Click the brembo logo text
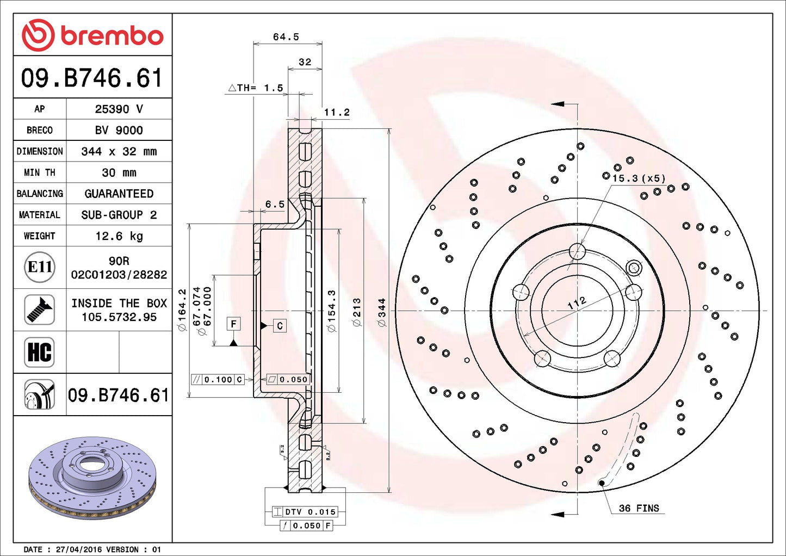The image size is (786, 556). pos(111,36)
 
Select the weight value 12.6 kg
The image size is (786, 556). pos(119,236)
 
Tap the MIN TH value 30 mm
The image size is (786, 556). pos(119,172)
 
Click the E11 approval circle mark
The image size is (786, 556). pos(40,267)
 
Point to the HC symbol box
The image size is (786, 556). pos(40,352)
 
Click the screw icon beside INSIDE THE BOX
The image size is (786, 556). pos(40,310)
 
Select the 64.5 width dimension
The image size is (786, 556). pos(286,37)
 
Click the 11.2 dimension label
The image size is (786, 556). pos(337,113)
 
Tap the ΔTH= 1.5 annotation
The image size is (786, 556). pos(256,88)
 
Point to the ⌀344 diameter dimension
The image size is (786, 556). pos(382,312)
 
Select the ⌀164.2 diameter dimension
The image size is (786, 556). pos(182,310)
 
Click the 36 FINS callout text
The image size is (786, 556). pos(639,508)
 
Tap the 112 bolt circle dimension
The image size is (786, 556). pos(577,303)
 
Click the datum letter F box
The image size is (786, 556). pos(233,324)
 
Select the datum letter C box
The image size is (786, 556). pos(280,326)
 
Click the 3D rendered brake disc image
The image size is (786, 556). pos(92,477)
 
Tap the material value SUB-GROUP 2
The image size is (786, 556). pos(119,215)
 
